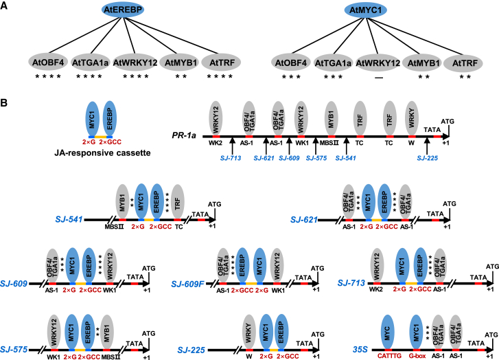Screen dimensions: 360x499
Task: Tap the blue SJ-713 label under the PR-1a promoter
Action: click(x=231, y=157)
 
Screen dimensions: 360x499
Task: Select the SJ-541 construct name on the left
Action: click(x=70, y=218)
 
